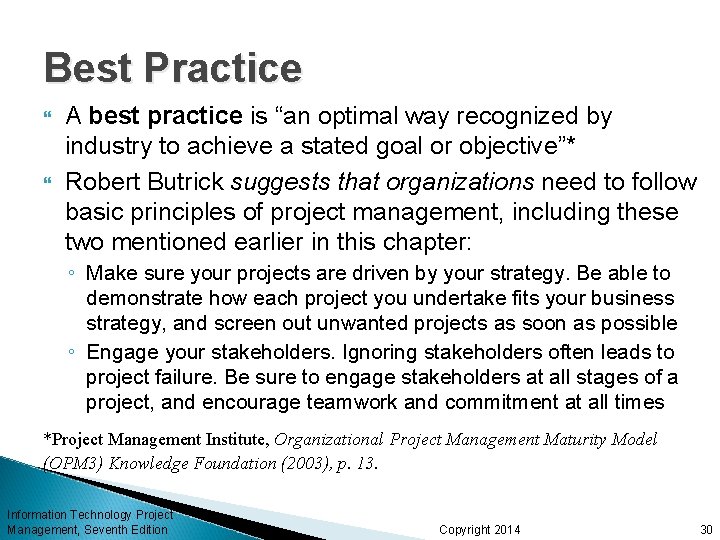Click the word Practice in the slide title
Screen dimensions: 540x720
[x=222, y=68]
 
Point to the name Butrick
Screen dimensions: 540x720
[x=187, y=182]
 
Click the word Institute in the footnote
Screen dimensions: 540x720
[x=232, y=440]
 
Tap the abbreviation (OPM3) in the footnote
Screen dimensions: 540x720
[x=73, y=463]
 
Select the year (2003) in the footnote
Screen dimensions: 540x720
[x=325, y=463]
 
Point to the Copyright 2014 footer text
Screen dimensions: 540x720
[x=480, y=529]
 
